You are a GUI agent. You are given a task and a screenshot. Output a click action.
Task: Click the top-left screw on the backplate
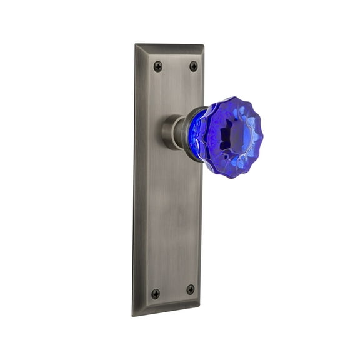coord(157,66)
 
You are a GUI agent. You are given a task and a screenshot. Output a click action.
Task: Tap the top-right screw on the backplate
coord(193,66)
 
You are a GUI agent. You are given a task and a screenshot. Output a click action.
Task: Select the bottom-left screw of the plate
coord(156,293)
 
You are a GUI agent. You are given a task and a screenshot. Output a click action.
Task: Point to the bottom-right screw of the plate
coord(191,289)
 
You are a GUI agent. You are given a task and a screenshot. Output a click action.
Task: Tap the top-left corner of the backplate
coord(136,44)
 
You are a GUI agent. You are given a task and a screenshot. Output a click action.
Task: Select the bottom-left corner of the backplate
coord(134,313)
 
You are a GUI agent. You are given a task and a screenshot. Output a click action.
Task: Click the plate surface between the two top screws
coord(175,66)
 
